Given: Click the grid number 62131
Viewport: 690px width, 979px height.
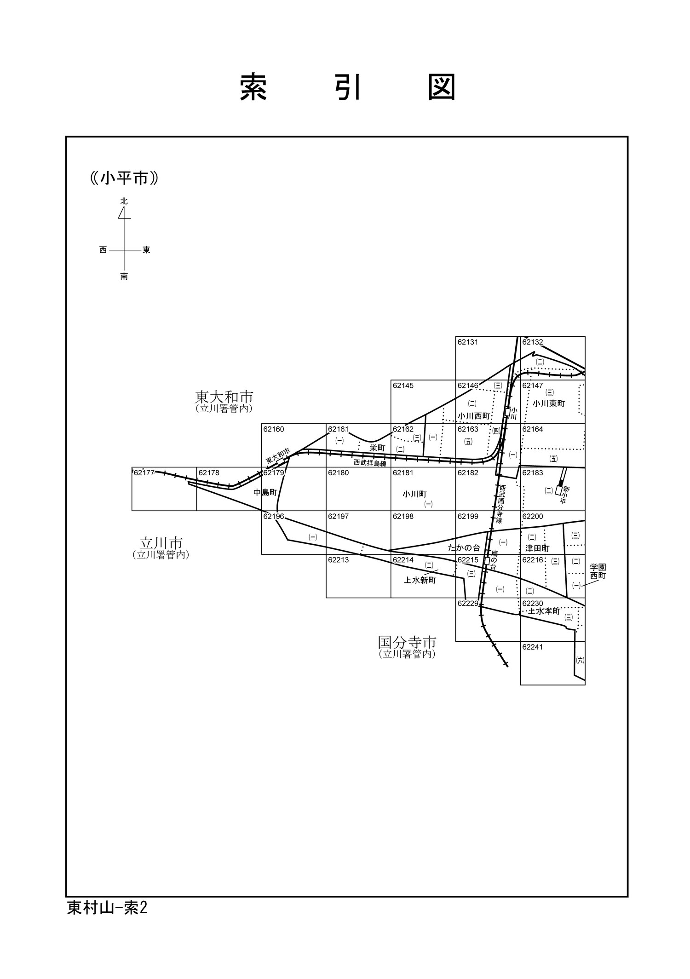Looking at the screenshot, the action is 468,342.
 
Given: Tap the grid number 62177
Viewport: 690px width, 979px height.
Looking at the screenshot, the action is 144,473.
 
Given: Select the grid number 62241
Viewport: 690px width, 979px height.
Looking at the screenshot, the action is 533,647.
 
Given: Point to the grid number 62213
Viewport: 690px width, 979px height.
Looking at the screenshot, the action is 339,560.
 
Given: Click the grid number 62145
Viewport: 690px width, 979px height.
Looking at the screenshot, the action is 403,386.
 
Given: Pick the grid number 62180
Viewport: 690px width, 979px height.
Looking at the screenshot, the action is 339,473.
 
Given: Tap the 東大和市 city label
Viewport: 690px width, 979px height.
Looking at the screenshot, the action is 224,397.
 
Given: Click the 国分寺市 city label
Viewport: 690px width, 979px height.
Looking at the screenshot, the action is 407,642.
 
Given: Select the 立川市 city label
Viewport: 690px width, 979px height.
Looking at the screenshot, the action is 161,543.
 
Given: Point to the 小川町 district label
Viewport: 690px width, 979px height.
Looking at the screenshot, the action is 415,494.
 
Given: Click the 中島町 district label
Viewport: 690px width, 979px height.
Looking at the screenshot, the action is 265,492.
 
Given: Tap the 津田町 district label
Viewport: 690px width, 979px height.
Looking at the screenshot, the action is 538,548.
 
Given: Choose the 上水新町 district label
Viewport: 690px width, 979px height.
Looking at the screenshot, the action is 420,581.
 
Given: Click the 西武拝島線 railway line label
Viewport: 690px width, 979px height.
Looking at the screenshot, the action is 370,463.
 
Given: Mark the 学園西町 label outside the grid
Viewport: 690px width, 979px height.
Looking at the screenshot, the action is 598,572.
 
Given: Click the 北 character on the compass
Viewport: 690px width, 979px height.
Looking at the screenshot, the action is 124,202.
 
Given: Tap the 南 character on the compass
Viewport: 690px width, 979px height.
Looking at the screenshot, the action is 124,276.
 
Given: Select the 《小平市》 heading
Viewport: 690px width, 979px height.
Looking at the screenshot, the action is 125,178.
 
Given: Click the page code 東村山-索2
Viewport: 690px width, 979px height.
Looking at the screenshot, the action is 107,908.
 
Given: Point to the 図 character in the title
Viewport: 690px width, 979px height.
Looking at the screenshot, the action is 442,87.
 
